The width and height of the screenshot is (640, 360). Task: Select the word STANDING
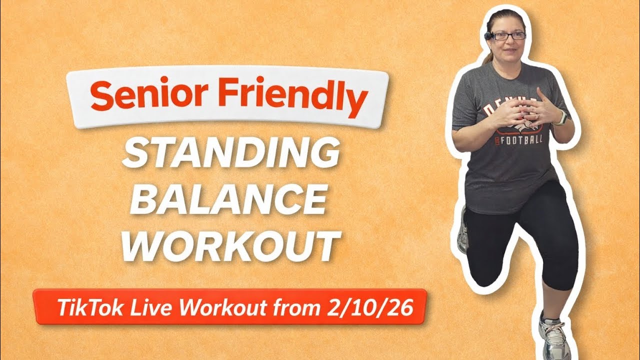click(230, 154)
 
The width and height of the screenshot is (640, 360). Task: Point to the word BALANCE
click(230, 200)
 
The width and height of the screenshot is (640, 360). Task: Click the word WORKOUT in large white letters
click(230, 245)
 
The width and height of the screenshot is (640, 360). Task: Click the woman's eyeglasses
click(508, 36)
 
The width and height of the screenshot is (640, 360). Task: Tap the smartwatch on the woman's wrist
click(561, 118)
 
